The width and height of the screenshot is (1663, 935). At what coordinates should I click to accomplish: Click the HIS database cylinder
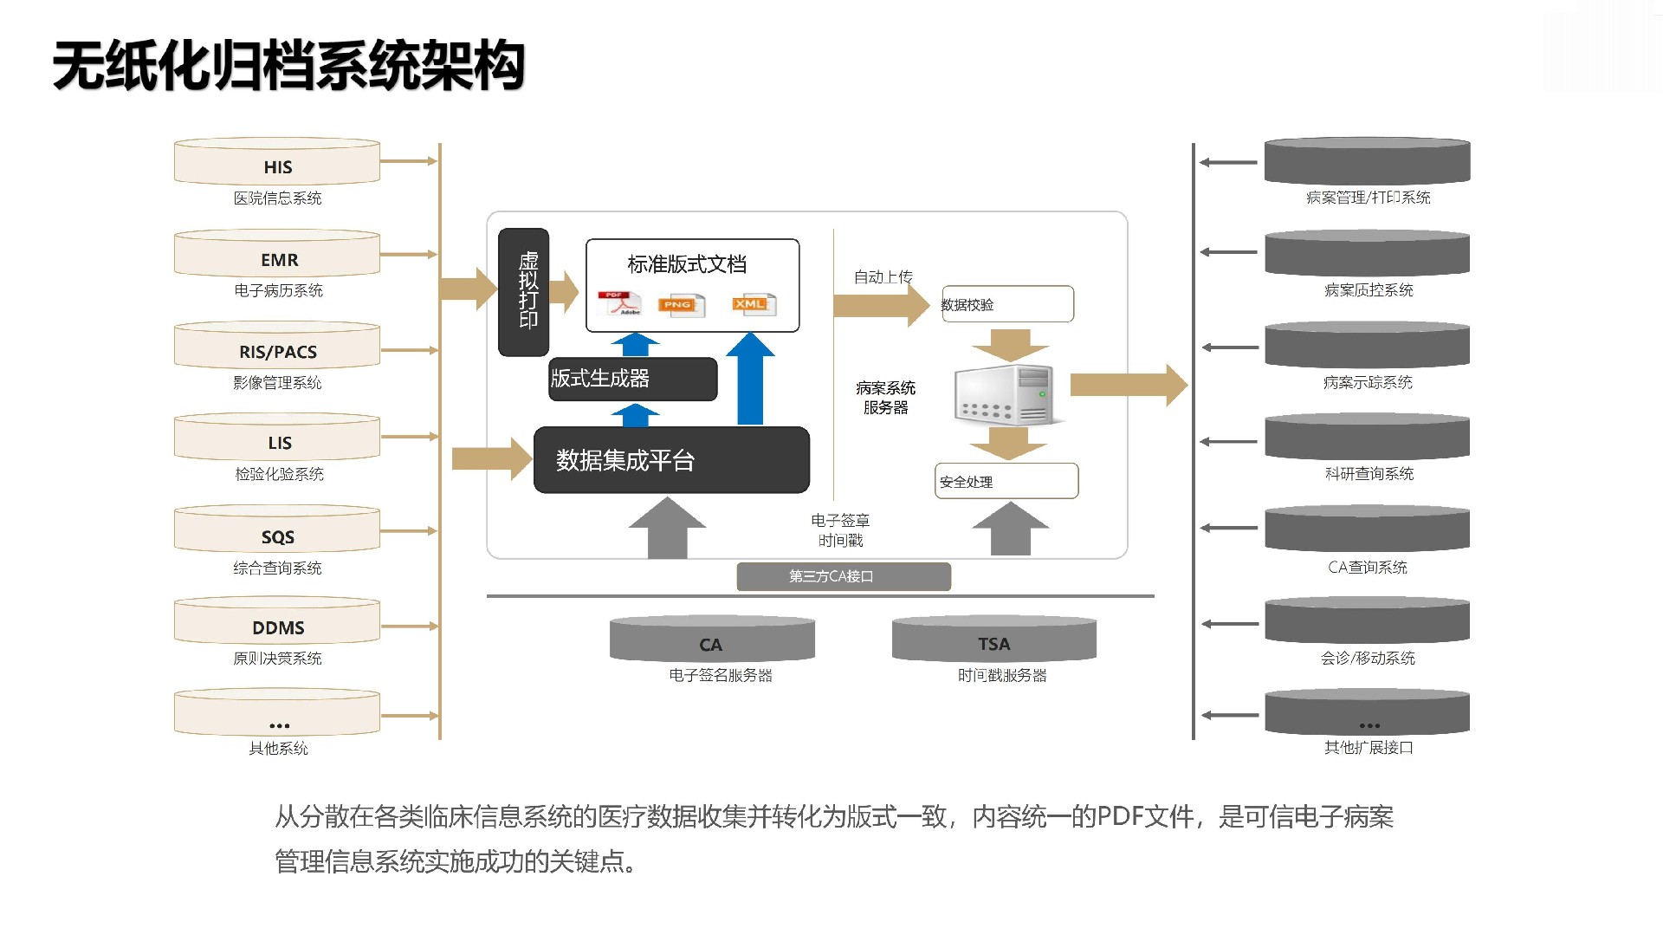(277, 162)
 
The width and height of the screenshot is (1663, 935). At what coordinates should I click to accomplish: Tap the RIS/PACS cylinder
(277, 347)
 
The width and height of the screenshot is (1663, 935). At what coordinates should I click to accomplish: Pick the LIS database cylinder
(277, 438)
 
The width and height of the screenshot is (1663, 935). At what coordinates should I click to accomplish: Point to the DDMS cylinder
(277, 622)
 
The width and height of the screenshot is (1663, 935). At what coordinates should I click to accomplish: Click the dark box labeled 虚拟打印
(524, 292)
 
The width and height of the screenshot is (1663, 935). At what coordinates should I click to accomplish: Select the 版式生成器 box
(633, 379)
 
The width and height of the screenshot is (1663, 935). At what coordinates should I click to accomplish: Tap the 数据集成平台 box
(671, 460)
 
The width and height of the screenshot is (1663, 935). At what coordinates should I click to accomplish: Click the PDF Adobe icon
(619, 303)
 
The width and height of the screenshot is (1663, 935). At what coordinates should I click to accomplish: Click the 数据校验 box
(1007, 304)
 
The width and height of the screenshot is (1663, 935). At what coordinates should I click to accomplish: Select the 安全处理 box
(1006, 481)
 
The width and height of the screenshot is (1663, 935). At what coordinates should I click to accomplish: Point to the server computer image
(1006, 394)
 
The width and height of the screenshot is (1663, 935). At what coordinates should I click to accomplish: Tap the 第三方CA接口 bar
(844, 576)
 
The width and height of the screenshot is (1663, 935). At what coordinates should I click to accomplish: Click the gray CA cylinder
(712, 640)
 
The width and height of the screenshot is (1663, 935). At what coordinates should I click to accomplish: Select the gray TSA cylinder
(994, 640)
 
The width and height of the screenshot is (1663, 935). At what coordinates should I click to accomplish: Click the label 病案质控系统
(1369, 290)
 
